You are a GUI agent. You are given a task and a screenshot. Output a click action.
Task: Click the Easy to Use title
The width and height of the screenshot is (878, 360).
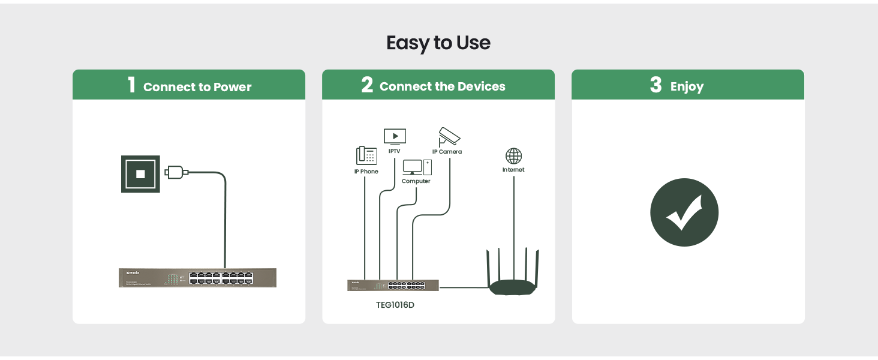[438, 43]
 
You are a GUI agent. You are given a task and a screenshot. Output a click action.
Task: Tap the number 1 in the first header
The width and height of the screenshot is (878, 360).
[132, 85]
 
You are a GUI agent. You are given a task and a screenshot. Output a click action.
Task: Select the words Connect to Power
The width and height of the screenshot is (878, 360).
[197, 87]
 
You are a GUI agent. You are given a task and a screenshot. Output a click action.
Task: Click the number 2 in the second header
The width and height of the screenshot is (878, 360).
[367, 85]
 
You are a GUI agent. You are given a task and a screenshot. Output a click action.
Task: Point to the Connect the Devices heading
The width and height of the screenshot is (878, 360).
[443, 86]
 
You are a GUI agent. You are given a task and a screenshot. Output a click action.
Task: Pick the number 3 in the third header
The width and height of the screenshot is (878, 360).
[656, 85]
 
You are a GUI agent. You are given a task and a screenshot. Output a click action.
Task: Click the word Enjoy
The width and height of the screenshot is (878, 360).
[687, 87]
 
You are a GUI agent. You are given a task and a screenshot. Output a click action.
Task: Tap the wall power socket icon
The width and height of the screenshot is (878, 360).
[140, 173]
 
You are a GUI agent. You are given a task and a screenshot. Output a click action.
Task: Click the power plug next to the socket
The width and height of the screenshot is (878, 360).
[176, 173]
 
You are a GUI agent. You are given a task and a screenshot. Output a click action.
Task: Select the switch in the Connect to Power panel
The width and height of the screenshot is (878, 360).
[198, 277]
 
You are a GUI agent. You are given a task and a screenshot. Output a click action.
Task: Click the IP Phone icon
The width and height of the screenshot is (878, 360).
[366, 155]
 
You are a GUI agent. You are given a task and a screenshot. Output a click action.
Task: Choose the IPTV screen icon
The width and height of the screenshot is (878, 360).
[395, 137]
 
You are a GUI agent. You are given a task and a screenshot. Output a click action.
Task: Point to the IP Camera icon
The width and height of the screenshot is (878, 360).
[449, 136]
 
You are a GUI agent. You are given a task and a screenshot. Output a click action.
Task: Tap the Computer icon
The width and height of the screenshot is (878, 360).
[417, 167]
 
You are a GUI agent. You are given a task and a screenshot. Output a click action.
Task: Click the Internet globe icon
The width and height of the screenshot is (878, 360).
[513, 156]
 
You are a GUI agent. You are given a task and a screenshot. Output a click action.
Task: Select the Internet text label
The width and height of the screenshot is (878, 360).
[513, 170]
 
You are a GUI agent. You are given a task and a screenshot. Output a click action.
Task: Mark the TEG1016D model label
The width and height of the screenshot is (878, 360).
[395, 305]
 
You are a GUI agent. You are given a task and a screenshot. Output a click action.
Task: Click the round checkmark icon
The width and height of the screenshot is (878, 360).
[684, 212]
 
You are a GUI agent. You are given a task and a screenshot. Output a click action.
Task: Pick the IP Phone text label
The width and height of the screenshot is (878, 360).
[366, 172]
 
